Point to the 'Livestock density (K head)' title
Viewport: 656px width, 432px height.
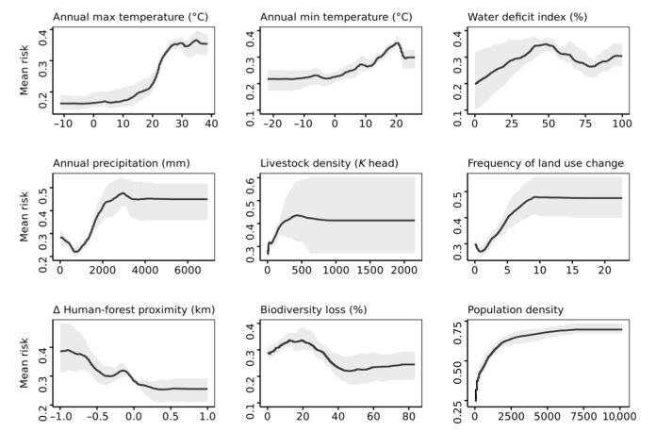[326, 163]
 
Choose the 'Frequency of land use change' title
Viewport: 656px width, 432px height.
[545, 163]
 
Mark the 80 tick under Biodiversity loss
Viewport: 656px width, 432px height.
[405, 416]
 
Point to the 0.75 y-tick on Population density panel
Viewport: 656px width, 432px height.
[459, 329]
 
